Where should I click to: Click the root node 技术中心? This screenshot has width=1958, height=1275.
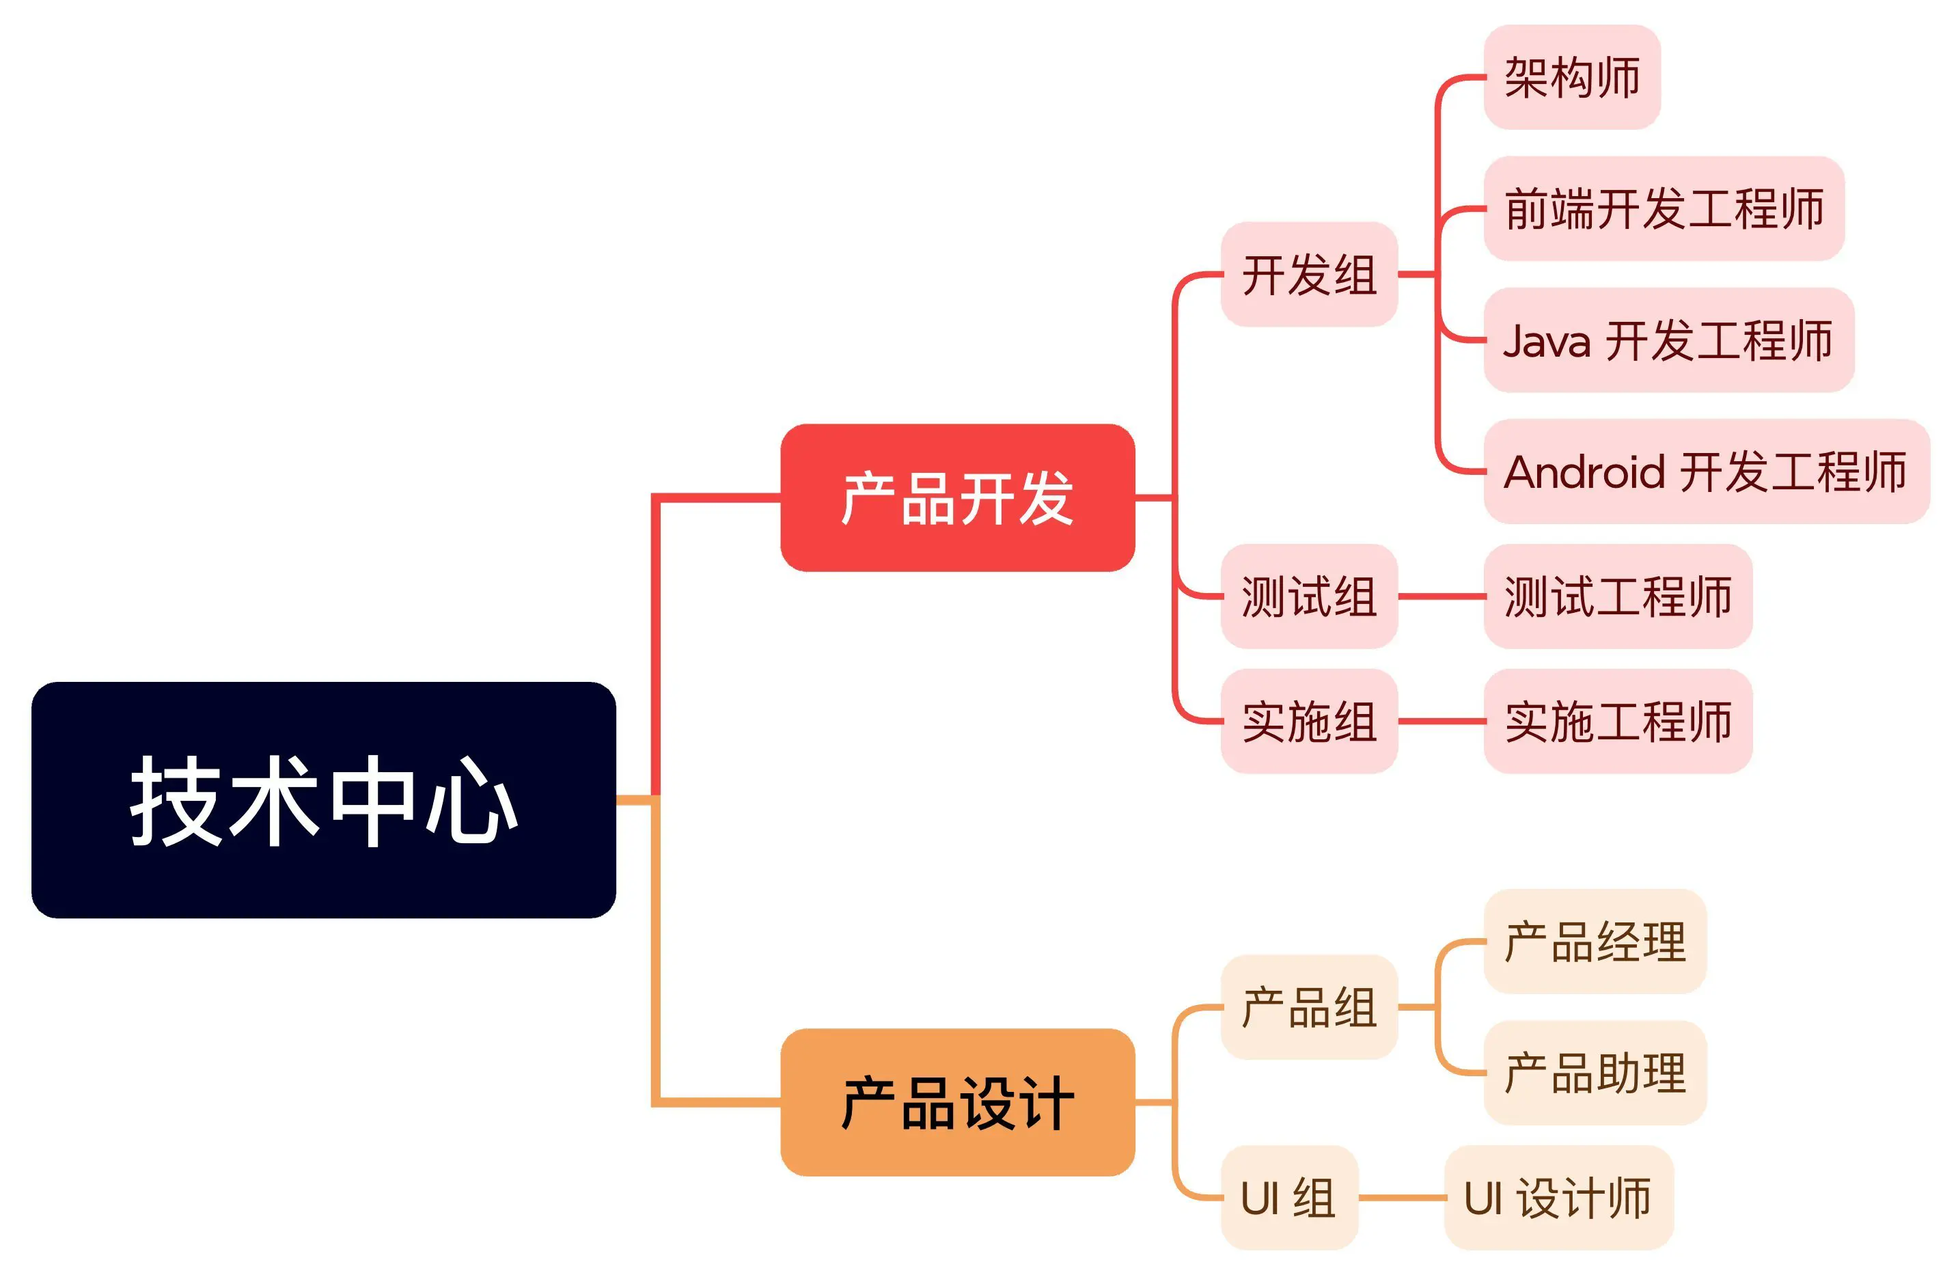click(323, 799)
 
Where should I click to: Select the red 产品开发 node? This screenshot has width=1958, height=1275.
click(958, 497)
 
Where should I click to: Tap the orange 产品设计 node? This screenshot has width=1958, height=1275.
click(958, 1102)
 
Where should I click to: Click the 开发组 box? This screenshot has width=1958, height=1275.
click(1309, 274)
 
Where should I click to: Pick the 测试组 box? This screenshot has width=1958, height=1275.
click(1309, 597)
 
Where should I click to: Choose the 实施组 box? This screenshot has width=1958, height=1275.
click(1309, 722)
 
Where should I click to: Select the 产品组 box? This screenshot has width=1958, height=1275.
click(1309, 1007)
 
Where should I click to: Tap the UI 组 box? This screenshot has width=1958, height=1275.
click(1289, 1198)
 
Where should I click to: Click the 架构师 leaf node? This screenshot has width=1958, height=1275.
click(1572, 77)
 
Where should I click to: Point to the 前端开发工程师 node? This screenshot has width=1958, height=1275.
click(1664, 208)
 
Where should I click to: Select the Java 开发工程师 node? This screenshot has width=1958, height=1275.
click(1668, 340)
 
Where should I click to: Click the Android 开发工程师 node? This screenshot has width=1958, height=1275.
click(1707, 471)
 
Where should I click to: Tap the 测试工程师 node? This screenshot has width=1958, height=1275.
click(1617, 597)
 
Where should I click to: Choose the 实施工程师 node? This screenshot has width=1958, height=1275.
click(1617, 722)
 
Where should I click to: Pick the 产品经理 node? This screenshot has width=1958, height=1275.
click(1595, 941)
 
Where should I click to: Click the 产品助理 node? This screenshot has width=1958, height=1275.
click(1595, 1073)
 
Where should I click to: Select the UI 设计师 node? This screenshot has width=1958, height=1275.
click(1558, 1198)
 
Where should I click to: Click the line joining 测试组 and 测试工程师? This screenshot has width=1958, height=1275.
click(1442, 597)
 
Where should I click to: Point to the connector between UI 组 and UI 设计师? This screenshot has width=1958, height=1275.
click(1402, 1198)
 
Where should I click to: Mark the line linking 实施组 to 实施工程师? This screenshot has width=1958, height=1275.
click(1442, 722)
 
